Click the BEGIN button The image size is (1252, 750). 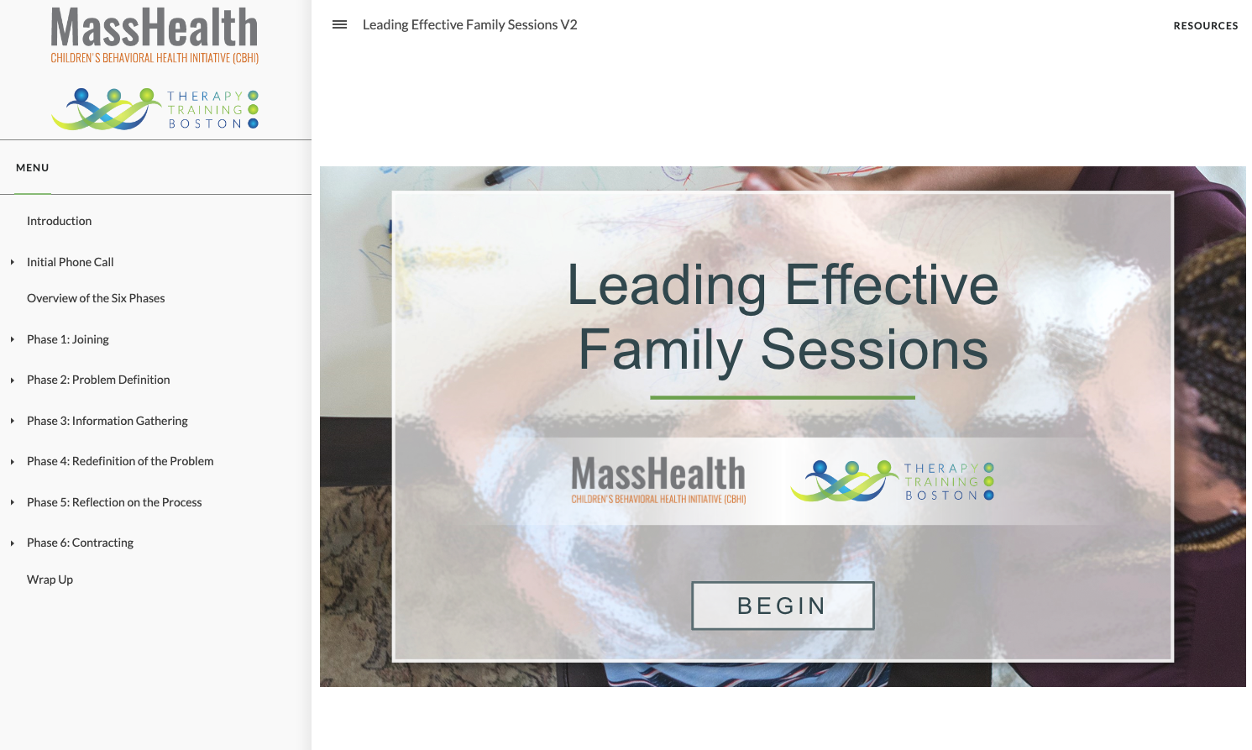pos(783,606)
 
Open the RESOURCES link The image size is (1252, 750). pos(1206,26)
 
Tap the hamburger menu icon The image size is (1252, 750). pos(339,24)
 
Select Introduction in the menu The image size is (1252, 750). pos(60,221)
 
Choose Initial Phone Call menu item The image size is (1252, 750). pos(70,262)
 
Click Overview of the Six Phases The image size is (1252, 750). pos(96,298)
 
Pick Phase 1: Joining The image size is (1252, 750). pos(68,339)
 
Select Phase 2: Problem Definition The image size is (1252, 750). pos(98,380)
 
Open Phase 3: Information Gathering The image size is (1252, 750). pos(107,421)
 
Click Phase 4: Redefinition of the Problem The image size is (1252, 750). pos(120,461)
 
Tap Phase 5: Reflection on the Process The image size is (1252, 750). pos(114,502)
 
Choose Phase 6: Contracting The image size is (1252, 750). pos(80,543)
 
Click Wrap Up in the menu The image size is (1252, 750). pos(50,580)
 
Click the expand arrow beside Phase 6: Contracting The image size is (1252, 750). pos(13,543)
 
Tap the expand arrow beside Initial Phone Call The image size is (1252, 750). pos(13,262)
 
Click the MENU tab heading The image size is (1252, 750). pos(33,168)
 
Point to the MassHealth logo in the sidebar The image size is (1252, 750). pos(155,35)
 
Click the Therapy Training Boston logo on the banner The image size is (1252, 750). pos(892,481)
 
